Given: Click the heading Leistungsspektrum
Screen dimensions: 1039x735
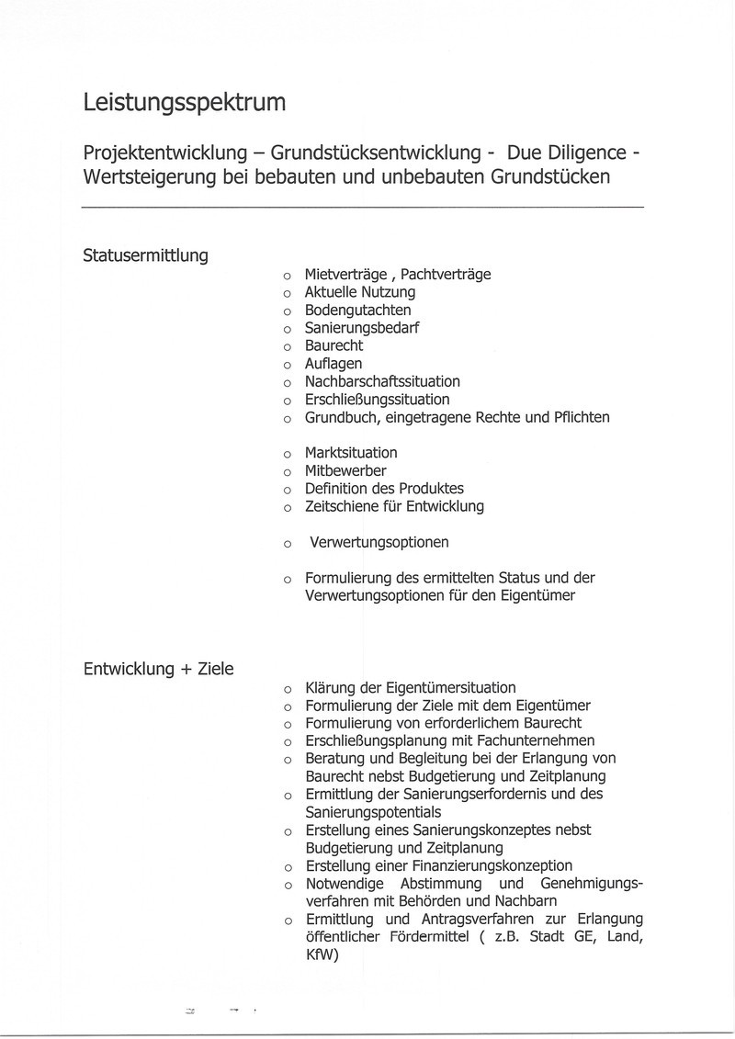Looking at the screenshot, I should click(184, 103).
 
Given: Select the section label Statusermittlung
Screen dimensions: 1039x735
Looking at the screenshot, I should click(145, 255).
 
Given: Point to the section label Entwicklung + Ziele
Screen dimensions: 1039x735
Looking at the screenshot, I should click(158, 669).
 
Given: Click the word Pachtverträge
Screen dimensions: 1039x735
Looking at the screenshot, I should click(446, 274).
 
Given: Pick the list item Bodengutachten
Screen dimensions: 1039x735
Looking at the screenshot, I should click(357, 310).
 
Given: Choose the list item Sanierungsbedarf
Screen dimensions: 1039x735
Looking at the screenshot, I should click(362, 328).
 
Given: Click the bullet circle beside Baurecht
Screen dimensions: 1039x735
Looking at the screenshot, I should click(287, 347).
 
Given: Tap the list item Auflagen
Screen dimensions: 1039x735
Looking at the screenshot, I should click(333, 364).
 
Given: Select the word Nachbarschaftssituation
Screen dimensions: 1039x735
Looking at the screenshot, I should click(382, 381).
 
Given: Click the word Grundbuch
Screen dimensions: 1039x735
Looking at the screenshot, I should click(339, 417).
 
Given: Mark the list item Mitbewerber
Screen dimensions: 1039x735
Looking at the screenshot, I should click(345, 470).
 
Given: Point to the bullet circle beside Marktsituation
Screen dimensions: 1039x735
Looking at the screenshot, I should click(287, 454).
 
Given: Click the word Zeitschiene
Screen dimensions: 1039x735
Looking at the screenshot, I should click(342, 506).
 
